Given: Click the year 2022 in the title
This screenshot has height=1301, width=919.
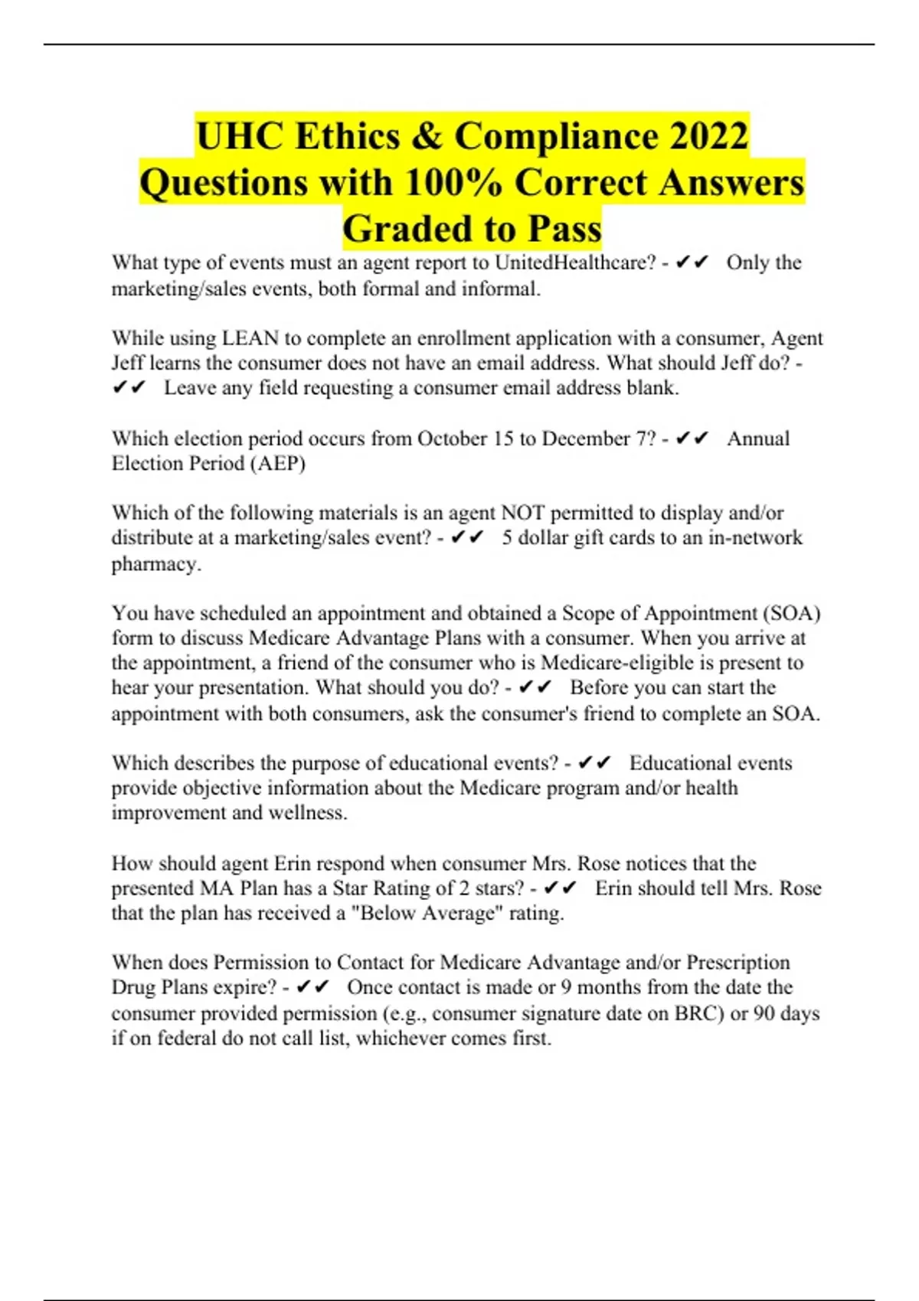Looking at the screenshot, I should point(708,136).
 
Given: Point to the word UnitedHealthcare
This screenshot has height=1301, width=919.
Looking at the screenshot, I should point(574,262).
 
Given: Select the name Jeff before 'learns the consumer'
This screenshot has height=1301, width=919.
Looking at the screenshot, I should point(129,363).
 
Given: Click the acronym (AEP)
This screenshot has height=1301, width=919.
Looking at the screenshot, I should point(277,464).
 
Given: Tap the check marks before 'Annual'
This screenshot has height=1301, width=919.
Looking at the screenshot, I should point(693,439).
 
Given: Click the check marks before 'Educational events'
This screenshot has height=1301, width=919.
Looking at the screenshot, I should point(594,763).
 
